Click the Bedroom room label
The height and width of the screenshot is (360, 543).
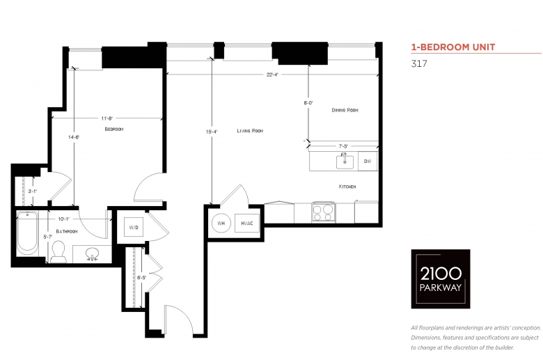[114, 130]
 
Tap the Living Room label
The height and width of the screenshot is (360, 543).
[250, 131]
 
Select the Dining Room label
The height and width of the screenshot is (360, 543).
[345, 110]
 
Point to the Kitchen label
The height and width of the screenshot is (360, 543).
[347, 187]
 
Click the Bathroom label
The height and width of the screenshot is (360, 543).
[67, 231]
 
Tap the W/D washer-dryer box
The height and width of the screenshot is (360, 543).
[134, 227]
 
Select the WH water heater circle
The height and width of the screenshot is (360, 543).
[221, 223]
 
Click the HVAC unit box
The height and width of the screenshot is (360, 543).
[247, 223]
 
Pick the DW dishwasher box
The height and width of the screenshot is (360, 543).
[368, 161]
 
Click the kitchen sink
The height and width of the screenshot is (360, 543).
[345, 162]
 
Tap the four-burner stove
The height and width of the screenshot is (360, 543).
[324, 212]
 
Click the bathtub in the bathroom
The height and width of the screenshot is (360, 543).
[27, 232]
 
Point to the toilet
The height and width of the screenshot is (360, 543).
[58, 252]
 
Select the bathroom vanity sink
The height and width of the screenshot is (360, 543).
[92, 253]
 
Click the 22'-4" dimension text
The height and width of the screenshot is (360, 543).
[272, 75]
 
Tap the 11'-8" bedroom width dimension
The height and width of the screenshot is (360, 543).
[107, 118]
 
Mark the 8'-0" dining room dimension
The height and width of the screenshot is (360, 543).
[308, 103]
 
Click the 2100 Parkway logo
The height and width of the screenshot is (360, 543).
[441, 279]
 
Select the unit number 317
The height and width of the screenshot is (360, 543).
[419, 64]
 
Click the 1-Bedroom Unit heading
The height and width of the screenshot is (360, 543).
[453, 47]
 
